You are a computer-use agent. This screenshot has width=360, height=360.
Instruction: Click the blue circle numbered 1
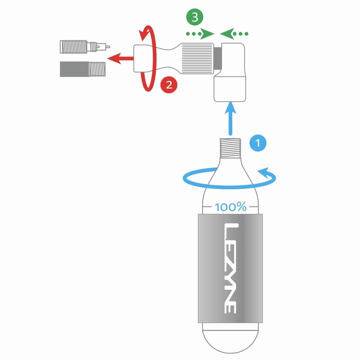(258, 143)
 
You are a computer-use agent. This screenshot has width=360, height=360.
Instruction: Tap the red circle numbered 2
(169, 85)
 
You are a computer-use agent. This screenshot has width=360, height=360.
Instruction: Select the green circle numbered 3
(195, 17)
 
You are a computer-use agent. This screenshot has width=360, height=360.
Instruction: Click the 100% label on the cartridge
(230, 207)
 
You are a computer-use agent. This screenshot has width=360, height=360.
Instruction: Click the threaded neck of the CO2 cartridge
(230, 147)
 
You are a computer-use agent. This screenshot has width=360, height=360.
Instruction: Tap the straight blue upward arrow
(230, 119)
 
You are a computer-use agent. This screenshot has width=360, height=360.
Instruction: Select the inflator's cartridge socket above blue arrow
(230, 89)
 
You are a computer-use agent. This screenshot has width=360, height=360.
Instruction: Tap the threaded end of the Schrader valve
(97, 69)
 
